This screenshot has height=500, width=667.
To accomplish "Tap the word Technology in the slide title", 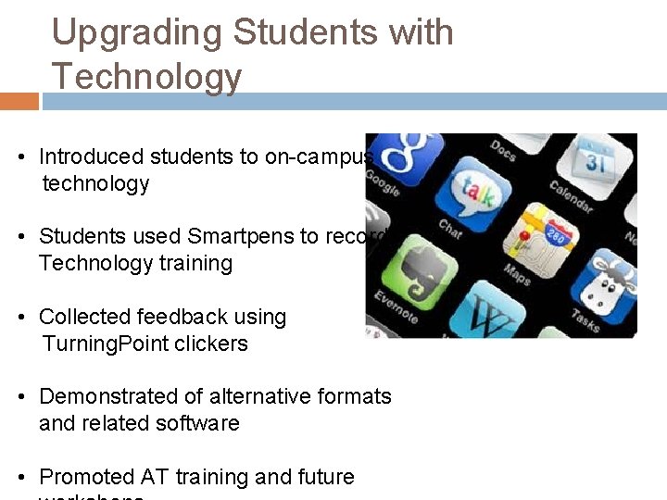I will coord(146,76).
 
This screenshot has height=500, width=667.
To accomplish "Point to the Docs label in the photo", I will coord(503,152).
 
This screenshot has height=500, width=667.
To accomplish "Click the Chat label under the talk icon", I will coord(450,227).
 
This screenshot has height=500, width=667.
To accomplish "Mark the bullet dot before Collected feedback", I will coord(20,318).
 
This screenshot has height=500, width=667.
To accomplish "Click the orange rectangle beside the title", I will coord(19,101).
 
